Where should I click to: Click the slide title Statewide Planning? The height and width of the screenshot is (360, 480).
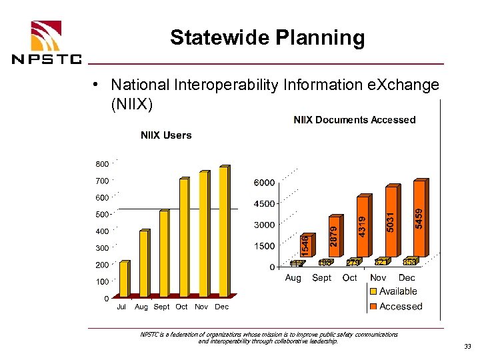click(x=267, y=37)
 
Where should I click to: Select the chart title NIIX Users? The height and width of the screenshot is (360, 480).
click(x=166, y=135)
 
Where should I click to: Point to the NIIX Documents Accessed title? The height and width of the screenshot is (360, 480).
click(x=355, y=120)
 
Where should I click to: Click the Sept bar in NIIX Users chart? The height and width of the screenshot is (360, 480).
click(x=163, y=253)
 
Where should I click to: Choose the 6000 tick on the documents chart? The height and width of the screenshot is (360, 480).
click(x=264, y=183)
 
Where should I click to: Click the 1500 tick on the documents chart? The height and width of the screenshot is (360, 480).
click(x=264, y=246)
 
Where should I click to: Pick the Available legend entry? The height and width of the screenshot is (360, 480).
click(x=397, y=291)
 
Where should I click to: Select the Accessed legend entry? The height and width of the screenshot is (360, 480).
click(x=400, y=307)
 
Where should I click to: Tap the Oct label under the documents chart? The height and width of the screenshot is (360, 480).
click(x=349, y=277)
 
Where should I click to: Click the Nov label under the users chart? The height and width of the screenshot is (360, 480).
click(x=201, y=307)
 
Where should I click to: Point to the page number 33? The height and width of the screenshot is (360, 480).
click(x=466, y=346)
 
